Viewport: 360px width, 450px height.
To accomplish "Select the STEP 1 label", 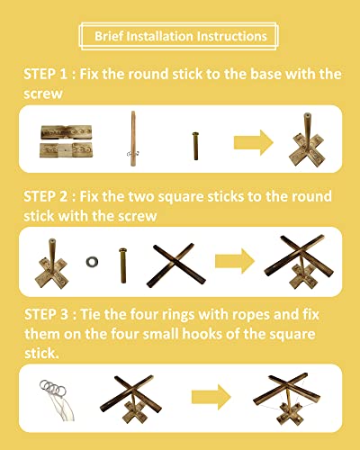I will click(49, 75).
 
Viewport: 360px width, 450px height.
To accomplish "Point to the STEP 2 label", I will click(49, 196).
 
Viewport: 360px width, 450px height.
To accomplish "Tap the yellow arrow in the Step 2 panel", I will click(236, 261).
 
